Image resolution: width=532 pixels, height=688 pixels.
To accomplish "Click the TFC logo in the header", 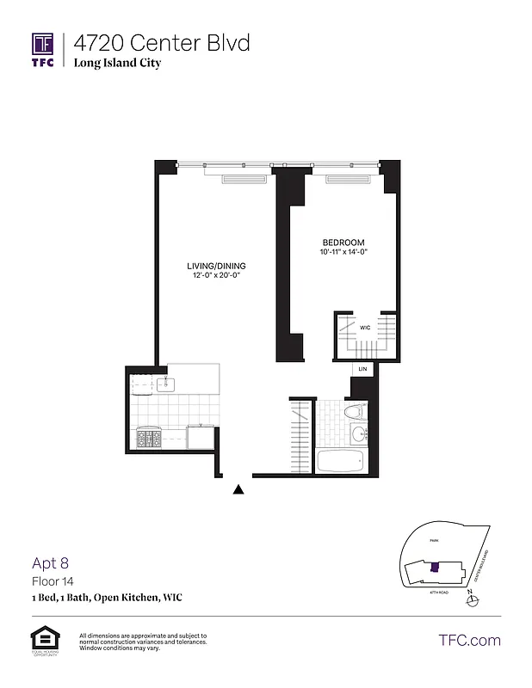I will click(43, 50).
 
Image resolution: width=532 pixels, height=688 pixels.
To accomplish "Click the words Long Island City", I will click(117, 63).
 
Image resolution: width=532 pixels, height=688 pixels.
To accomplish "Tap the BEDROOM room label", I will click(344, 243).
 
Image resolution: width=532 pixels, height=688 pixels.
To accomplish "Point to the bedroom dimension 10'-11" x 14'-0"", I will click(344, 252).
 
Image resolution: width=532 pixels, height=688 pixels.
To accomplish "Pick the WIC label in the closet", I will click(365, 328).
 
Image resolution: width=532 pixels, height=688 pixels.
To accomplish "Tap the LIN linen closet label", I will click(362, 369).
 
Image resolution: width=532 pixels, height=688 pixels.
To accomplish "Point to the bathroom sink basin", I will click(358, 437).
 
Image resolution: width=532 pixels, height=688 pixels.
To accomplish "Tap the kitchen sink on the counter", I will click(167, 384).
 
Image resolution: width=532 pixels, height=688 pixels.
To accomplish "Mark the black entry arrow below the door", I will click(238, 489).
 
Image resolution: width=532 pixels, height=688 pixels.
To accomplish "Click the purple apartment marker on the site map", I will click(435, 567).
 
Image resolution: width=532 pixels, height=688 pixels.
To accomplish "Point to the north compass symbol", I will click(469, 600).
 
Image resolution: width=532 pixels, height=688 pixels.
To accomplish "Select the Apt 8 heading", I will click(50, 564).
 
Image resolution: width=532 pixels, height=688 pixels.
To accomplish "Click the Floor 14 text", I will click(53, 582).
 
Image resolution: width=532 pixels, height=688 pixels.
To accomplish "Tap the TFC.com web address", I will click(469, 640).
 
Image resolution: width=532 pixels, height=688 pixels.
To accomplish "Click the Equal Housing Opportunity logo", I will click(43, 641).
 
